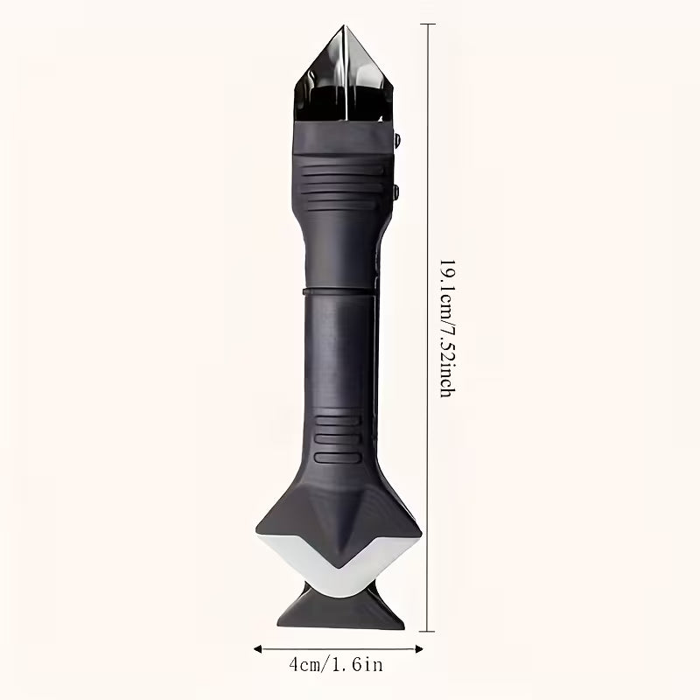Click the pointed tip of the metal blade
(344, 26)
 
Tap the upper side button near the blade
(396, 140)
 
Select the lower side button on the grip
(395, 192)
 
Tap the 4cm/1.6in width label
(336, 665)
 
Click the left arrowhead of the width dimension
(257, 648)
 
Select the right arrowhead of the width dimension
(419, 648)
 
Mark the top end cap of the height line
(427, 24)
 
